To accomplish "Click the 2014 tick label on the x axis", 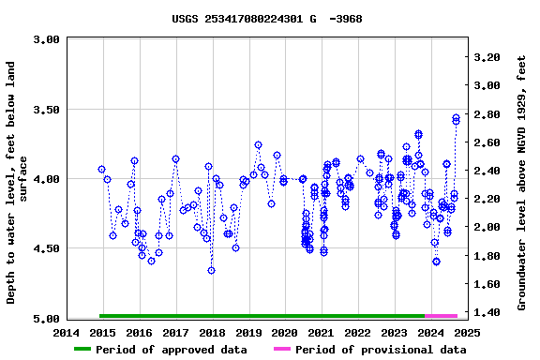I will pos(67,332).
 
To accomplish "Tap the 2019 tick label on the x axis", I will pos(248,332).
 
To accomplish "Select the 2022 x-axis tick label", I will pos(358,332).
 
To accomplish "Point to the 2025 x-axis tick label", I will pos(467,332).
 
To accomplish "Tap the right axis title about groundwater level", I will pos(521,178).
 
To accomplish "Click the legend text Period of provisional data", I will pos(381,350).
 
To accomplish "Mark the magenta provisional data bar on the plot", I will pos(441,316).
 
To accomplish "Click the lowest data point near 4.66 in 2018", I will pos(211,270).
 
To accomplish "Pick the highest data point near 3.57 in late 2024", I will pos(456,119).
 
